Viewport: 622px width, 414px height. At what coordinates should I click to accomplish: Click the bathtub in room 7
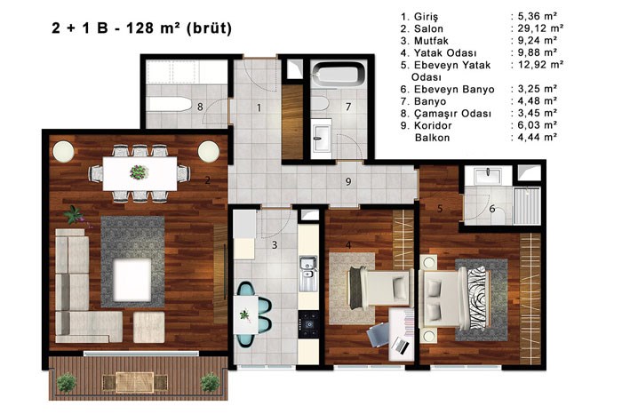[x=339, y=75]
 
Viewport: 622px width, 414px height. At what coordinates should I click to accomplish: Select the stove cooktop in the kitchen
[x=308, y=323]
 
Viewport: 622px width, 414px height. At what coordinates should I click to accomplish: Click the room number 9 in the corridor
[x=348, y=181]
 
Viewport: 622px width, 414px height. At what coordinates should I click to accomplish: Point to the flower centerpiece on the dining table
[x=139, y=172]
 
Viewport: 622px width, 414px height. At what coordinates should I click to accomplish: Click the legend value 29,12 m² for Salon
[x=540, y=28]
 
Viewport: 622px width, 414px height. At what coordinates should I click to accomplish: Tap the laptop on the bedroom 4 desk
[x=402, y=346]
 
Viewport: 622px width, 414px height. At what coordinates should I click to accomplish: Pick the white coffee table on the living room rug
[x=132, y=280]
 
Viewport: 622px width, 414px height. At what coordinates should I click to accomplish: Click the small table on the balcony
[x=134, y=382]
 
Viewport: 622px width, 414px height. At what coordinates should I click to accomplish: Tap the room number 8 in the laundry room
[x=200, y=107]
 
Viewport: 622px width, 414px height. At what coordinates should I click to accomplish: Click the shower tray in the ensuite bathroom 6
[x=527, y=206]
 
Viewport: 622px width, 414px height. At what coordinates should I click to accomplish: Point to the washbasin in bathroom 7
[x=322, y=139]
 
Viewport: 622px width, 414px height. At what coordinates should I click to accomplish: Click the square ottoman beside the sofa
[x=148, y=327]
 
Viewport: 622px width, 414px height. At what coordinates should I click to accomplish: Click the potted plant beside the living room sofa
[x=74, y=215]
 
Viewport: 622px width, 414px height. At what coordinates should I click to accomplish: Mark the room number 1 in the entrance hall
[x=259, y=107]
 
